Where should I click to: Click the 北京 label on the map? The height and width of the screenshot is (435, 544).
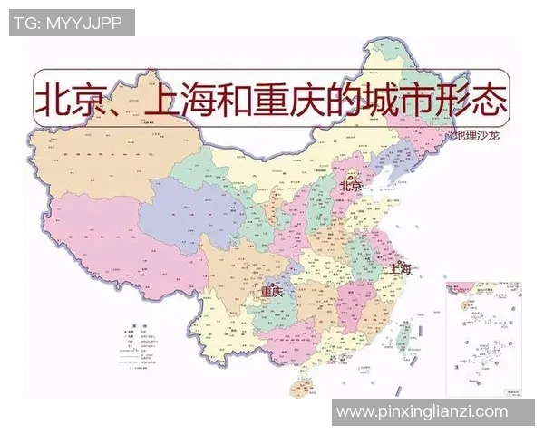351,186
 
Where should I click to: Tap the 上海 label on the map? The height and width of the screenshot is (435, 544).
400,268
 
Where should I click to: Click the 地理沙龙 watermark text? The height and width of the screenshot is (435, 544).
477,136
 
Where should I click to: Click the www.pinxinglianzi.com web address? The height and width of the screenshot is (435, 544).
423,411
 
